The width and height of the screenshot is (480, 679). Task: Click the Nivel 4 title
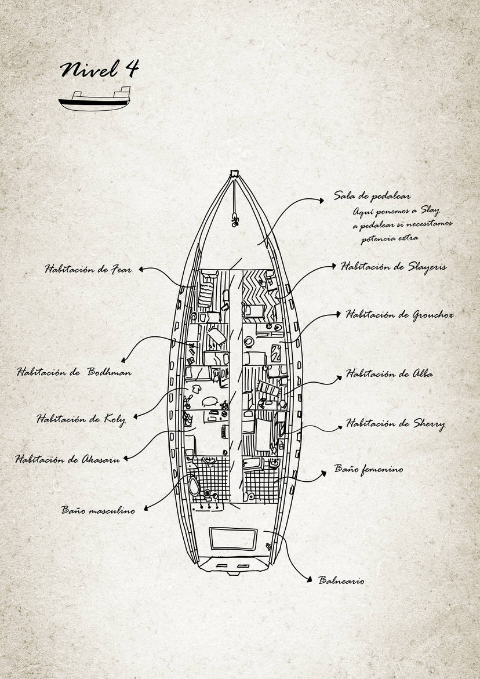pos(100,69)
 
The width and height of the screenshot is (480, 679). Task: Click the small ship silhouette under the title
pos(94,99)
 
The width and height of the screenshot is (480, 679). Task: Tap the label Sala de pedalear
pos(372,196)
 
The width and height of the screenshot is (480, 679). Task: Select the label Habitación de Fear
pos(88,269)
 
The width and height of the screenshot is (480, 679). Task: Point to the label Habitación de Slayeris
pos(394,266)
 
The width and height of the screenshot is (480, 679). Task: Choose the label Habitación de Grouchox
pos(399,315)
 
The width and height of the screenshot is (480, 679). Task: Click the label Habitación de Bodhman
pos(74,372)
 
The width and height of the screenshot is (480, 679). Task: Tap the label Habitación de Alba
pos(389,373)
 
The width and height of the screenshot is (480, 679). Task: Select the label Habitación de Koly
pos(81,419)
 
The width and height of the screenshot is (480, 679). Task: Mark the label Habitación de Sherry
pos(395,423)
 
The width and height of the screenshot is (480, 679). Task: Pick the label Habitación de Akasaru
pos(67,459)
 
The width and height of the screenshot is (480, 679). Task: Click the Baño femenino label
pos(368,469)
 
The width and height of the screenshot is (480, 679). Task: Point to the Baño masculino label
pos(98,510)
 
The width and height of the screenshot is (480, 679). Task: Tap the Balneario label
pos(341,580)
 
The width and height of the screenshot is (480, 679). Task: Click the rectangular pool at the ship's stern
pos(233,538)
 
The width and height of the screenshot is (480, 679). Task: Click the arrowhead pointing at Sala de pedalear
pos(321,201)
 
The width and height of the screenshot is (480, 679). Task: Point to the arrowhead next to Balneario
pos(309,579)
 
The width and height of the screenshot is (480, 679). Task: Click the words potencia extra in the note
pos(390,238)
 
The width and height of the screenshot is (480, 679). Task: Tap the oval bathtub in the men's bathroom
pos(194,486)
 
